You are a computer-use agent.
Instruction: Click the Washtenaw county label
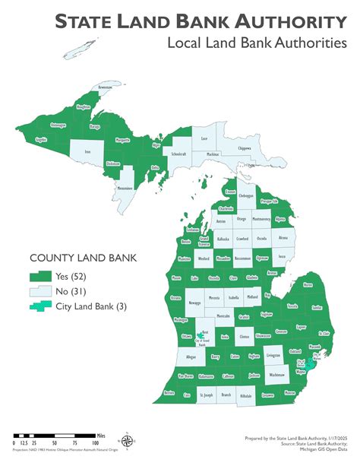tap(277, 375)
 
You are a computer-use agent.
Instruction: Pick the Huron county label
tap(307, 285)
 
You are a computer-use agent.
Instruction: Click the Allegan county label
tap(190, 357)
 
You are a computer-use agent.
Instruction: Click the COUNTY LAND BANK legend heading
tap(83, 258)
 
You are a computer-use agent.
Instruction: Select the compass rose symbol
tap(128, 440)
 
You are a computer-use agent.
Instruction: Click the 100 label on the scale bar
tap(96, 441)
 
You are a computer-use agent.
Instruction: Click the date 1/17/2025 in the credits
tap(332, 439)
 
